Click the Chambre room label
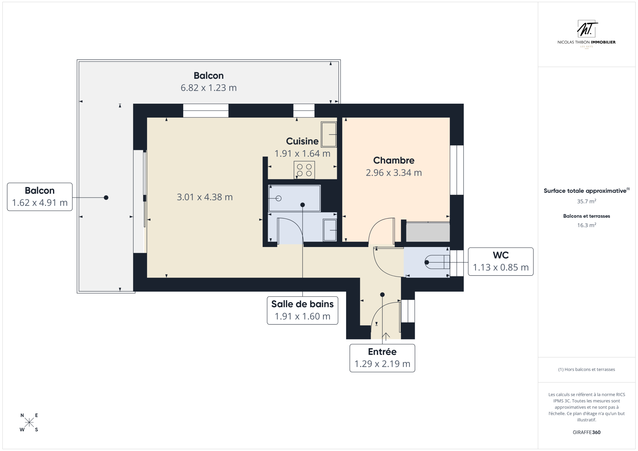click(394, 160)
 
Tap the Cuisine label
click(302, 141)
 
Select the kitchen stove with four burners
click(304, 170)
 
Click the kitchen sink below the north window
click(329, 134)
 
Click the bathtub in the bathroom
click(294, 198)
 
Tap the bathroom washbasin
click(330, 230)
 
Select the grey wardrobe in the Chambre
click(428, 231)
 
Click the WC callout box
click(501, 262)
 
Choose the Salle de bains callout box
click(302, 311)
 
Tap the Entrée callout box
click(382, 358)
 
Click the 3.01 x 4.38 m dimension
click(205, 197)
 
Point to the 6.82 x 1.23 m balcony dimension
click(209, 88)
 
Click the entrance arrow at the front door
click(386, 336)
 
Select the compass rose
click(29, 422)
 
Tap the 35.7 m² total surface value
click(587, 201)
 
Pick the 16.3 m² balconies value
click(587, 225)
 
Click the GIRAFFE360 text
click(587, 432)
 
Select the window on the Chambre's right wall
click(457, 170)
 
